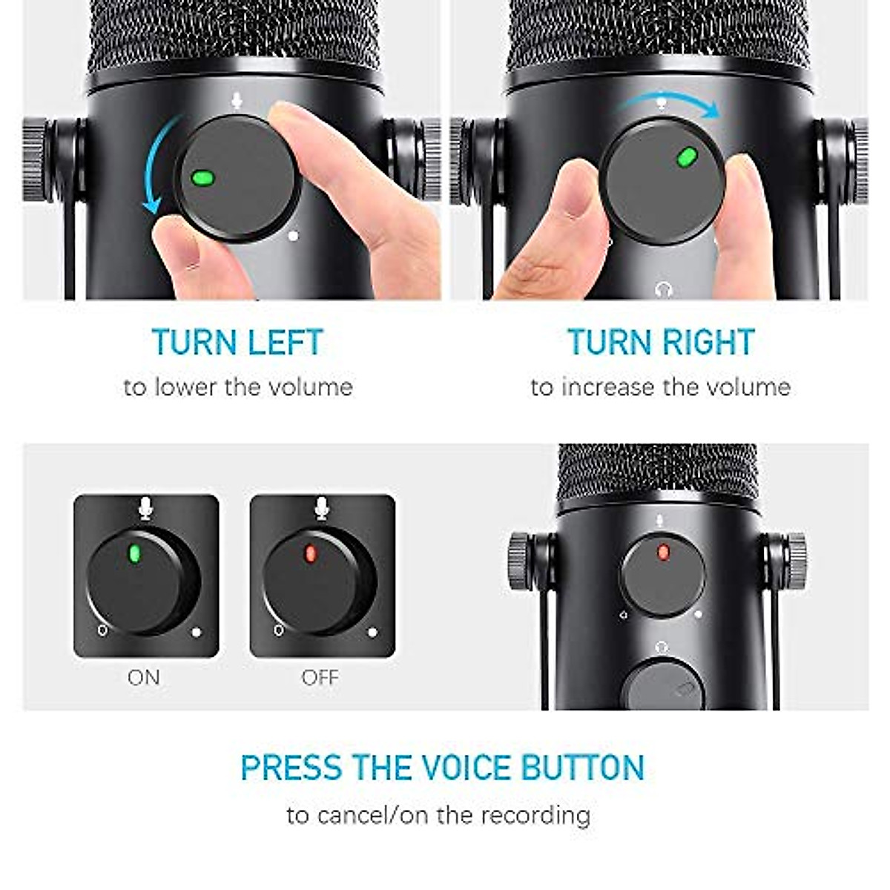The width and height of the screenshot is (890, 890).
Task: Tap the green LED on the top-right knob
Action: point(687,156)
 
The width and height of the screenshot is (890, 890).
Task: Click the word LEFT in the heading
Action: point(285,343)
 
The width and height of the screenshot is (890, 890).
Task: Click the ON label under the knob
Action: point(144,677)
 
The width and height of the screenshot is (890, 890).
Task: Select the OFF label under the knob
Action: point(320,677)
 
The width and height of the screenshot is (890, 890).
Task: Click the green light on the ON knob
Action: point(135,553)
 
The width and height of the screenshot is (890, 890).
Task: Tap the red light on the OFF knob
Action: point(311,553)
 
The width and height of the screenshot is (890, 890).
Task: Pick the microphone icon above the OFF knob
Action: point(321,509)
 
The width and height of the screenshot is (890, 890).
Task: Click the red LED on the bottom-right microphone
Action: point(662,552)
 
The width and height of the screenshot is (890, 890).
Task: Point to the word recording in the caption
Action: point(535,815)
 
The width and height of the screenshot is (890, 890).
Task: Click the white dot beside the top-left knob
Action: point(293,236)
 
